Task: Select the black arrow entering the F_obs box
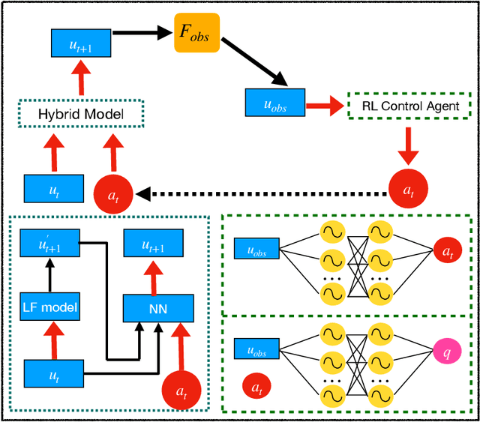click(x=143, y=33)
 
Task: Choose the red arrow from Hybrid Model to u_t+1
click(x=80, y=79)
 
